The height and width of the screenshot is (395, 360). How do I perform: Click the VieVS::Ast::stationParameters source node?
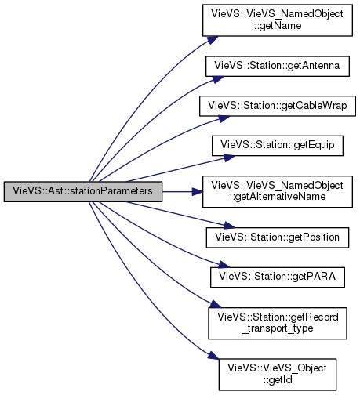tap(83, 191)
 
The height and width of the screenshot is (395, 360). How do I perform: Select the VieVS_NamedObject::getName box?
tap(278, 20)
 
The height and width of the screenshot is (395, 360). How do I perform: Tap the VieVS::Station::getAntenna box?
tap(278, 66)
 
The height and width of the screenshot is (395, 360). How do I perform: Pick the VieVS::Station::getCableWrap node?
tap(278, 106)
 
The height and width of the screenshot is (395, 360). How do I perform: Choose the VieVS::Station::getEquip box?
tap(278, 146)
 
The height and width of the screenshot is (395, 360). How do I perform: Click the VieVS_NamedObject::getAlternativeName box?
tap(278, 191)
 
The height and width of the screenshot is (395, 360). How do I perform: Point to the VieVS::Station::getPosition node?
tap(278, 237)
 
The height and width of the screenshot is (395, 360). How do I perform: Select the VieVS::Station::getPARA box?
tap(278, 277)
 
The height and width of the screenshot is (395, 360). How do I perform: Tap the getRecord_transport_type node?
tap(278, 323)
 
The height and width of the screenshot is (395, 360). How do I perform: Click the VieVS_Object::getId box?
tap(278, 375)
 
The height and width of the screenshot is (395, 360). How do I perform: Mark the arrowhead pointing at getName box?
tap(213, 40)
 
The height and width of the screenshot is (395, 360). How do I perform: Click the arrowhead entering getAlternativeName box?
tap(198, 191)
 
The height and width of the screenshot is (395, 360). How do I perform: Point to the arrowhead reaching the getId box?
tap(213, 355)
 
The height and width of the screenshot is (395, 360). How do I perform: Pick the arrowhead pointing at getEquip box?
tap(230, 158)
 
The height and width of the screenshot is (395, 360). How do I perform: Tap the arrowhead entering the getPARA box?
tap(224, 265)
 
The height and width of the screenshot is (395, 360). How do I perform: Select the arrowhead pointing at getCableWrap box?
tap(224, 118)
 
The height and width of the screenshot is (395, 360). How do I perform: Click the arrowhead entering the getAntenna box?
tap(218, 79)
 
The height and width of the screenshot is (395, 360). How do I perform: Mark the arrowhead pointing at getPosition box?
tap(230, 226)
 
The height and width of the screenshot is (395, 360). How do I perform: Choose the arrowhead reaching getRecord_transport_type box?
tap(216, 304)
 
